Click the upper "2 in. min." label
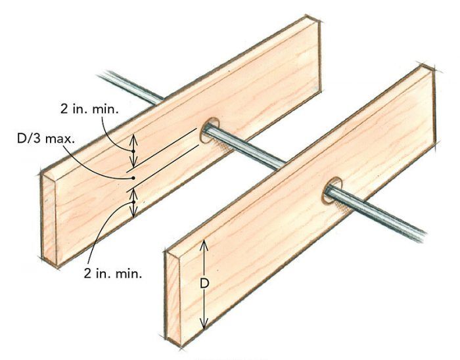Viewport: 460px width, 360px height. pos(90,109)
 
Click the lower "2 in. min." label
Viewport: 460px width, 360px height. pos(113,273)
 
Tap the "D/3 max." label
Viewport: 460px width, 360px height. pos(46,139)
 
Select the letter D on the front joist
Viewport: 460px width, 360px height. pos(204,284)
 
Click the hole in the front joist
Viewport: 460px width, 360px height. pos(333,191)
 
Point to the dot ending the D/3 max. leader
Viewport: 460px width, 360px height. pos(133,178)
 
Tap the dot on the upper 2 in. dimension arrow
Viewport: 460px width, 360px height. pos(133,151)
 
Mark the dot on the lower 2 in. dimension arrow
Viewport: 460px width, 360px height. pos(133,202)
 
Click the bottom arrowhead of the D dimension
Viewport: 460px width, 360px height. pos(204,324)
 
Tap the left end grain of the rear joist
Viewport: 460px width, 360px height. pos(49,219)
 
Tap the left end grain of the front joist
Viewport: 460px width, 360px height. pos(173,299)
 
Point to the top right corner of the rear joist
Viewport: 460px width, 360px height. pos(319,21)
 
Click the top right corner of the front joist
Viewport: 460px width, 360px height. pos(433,71)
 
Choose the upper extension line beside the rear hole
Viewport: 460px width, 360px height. pos(162,150)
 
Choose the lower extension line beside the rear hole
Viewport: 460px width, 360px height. pos(162,169)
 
